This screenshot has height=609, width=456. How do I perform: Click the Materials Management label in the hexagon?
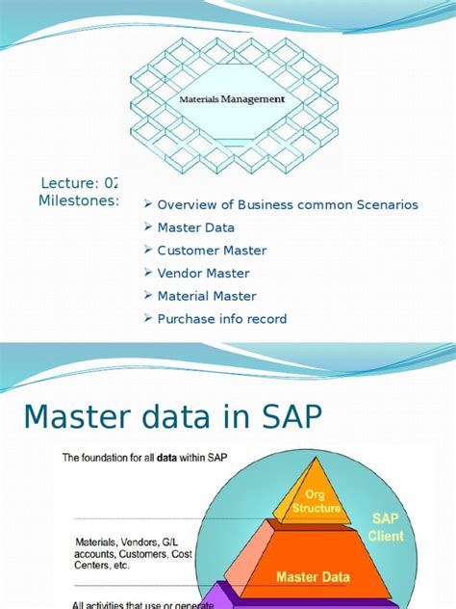pyautogui.click(x=233, y=99)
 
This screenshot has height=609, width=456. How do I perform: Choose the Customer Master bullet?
pyautogui.click(x=212, y=251)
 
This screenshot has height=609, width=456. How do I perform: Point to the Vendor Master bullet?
pyautogui.click(x=203, y=274)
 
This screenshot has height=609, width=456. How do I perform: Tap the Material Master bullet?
pyautogui.click(x=207, y=296)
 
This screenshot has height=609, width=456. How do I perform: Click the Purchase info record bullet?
pyautogui.click(x=221, y=319)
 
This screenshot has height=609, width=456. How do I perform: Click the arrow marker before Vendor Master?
pyautogui.click(x=148, y=274)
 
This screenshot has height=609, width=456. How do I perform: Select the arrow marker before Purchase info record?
pyautogui.click(x=148, y=319)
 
